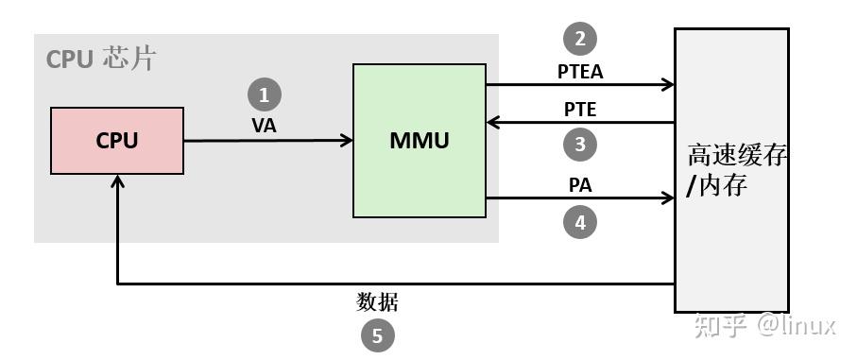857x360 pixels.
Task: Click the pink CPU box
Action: click(x=117, y=141)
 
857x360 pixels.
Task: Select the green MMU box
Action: click(x=420, y=141)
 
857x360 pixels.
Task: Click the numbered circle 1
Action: click(x=264, y=94)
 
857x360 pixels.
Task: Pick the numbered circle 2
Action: click(x=580, y=39)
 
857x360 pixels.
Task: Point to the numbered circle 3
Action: click(x=580, y=145)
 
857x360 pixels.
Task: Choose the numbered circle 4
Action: click(x=580, y=222)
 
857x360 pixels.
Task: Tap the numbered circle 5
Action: click(x=377, y=335)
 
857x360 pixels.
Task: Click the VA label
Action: click(x=265, y=125)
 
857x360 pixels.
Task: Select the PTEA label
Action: click(x=580, y=70)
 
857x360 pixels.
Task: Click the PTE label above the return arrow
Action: click(x=580, y=109)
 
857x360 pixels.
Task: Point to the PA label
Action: click(x=580, y=185)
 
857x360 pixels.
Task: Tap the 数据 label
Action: click(x=377, y=302)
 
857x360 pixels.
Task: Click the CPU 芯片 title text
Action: click(x=100, y=60)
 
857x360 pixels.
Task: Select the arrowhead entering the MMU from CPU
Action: click(x=347, y=141)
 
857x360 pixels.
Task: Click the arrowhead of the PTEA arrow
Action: click(x=667, y=85)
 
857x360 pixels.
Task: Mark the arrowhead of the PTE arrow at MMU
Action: click(x=493, y=123)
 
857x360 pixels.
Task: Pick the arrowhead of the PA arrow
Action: click(x=667, y=199)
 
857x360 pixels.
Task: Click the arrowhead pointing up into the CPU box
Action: click(x=117, y=181)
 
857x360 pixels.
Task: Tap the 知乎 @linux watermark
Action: click(x=765, y=325)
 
